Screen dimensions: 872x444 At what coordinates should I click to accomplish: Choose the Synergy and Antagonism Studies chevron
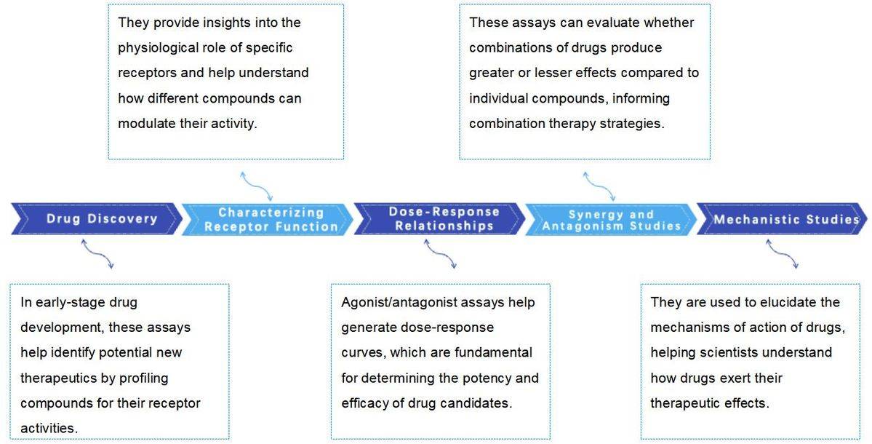[x=611, y=218]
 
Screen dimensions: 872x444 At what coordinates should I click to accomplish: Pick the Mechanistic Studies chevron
[x=782, y=218]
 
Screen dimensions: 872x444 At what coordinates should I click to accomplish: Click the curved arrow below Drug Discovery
[x=97, y=254]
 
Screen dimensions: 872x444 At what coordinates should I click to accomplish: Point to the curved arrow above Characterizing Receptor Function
[x=257, y=186]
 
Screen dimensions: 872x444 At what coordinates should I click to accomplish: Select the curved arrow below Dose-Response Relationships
[x=440, y=254]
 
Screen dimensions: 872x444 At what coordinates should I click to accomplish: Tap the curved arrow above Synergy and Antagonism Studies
[x=599, y=186]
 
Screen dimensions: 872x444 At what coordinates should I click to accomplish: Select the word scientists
[x=727, y=353]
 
